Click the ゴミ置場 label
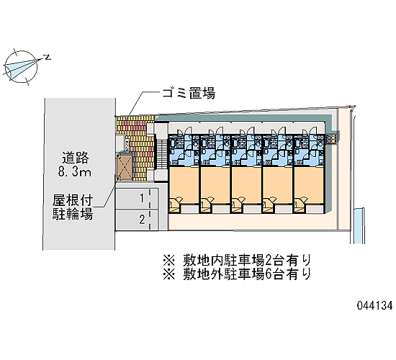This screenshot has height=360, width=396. pos(189,93)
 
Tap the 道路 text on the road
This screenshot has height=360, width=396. pos(76,158)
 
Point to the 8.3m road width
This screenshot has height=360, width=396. pos(75,172)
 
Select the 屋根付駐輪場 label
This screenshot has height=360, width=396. pos(73,207)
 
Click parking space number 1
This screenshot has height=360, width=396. pos(142,198)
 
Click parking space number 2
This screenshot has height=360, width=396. pos(142,220)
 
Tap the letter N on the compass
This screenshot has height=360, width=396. pos(47,58)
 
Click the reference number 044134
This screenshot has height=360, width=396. pos(375,305)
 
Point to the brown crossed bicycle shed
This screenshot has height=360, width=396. pos(124,167)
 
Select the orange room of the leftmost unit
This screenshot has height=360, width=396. pos(184,185)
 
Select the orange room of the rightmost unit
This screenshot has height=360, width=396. pos(309,185)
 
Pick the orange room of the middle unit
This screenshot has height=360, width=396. pos(246,185)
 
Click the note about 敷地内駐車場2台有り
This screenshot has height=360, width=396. pos(237,261)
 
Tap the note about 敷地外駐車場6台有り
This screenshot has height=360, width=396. pos(237,274)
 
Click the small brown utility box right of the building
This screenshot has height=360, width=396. pos(332,139)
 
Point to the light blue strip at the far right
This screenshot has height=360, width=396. pos(358,226)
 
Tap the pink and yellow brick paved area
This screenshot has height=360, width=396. pos(137,148)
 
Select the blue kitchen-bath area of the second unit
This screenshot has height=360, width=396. pos(215,150)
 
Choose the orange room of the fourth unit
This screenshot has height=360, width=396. pos(277,185)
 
